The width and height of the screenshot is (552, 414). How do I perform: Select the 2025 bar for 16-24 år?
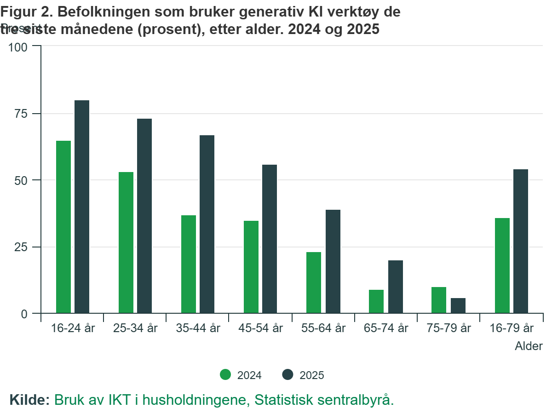[x=82, y=207]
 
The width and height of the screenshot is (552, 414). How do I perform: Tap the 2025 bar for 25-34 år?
[x=144, y=216]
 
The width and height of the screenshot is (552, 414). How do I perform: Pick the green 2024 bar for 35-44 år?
[x=189, y=264]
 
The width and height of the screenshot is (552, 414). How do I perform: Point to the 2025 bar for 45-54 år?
[x=270, y=239]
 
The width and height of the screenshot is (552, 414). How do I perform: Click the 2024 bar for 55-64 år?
[x=314, y=282]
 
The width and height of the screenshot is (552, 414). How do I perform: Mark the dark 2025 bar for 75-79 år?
[x=458, y=305]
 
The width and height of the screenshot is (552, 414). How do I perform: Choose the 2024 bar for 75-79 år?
[x=439, y=300]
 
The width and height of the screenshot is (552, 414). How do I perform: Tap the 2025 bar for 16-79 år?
[x=521, y=241]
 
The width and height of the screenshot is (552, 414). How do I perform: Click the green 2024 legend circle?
[x=225, y=375]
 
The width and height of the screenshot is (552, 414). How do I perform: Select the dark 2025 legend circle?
[x=288, y=375]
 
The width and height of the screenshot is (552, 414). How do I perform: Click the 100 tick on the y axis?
[x=19, y=46]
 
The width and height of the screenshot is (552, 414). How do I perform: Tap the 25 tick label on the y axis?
[x=22, y=247]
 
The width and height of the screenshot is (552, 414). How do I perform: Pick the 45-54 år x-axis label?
[x=261, y=328]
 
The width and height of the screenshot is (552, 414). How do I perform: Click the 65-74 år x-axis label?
[x=386, y=328]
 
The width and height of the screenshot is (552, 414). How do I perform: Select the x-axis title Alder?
[x=529, y=346]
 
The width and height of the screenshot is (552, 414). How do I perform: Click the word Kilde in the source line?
[x=29, y=399]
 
